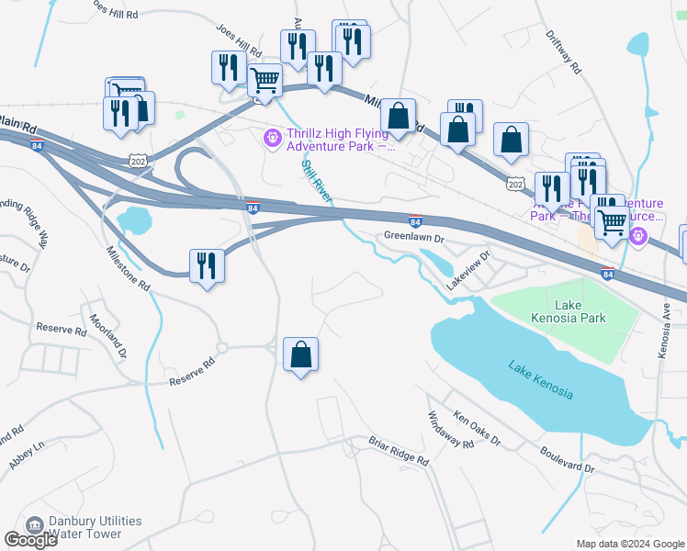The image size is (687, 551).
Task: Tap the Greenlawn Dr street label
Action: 413,237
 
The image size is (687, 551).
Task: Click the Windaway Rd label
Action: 450,430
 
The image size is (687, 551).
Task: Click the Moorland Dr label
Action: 108,336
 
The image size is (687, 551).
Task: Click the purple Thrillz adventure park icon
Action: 272,139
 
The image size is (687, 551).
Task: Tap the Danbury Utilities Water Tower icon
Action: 36,526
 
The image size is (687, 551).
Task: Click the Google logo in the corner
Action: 30,539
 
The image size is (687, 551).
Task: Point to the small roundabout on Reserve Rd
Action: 221,348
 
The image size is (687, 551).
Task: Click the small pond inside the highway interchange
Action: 134,219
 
